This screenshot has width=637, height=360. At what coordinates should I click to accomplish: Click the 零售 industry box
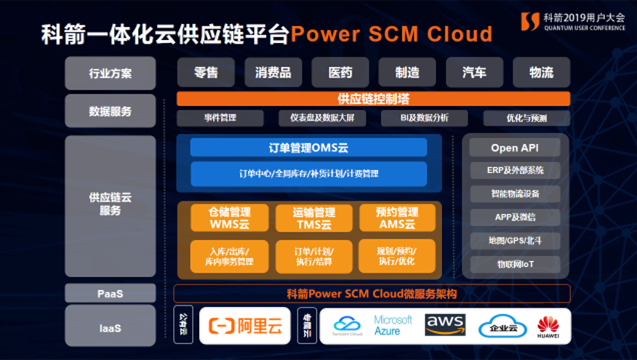[x=206, y=73]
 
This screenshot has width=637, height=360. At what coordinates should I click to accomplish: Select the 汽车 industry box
[x=474, y=73]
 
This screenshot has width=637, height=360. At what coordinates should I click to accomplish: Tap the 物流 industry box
[x=541, y=73]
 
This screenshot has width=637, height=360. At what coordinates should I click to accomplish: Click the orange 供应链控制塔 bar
[x=373, y=99]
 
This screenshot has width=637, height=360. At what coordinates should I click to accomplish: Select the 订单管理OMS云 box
[x=308, y=148]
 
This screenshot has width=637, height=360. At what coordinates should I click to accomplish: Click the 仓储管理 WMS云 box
[x=230, y=218]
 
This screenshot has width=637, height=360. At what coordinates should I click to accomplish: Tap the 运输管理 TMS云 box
[x=313, y=218]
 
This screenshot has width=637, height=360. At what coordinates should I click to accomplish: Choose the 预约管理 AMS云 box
[x=397, y=218]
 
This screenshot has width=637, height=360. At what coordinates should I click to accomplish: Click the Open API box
[x=515, y=148]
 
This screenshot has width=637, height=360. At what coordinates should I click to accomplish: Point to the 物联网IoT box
[x=515, y=264]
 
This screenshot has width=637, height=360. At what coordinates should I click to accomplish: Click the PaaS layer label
[x=110, y=293]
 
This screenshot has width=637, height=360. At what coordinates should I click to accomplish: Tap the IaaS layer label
[x=110, y=328]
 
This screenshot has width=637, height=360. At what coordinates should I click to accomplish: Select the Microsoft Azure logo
[x=393, y=325]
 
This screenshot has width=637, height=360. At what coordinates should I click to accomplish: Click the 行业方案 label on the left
[x=111, y=73]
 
